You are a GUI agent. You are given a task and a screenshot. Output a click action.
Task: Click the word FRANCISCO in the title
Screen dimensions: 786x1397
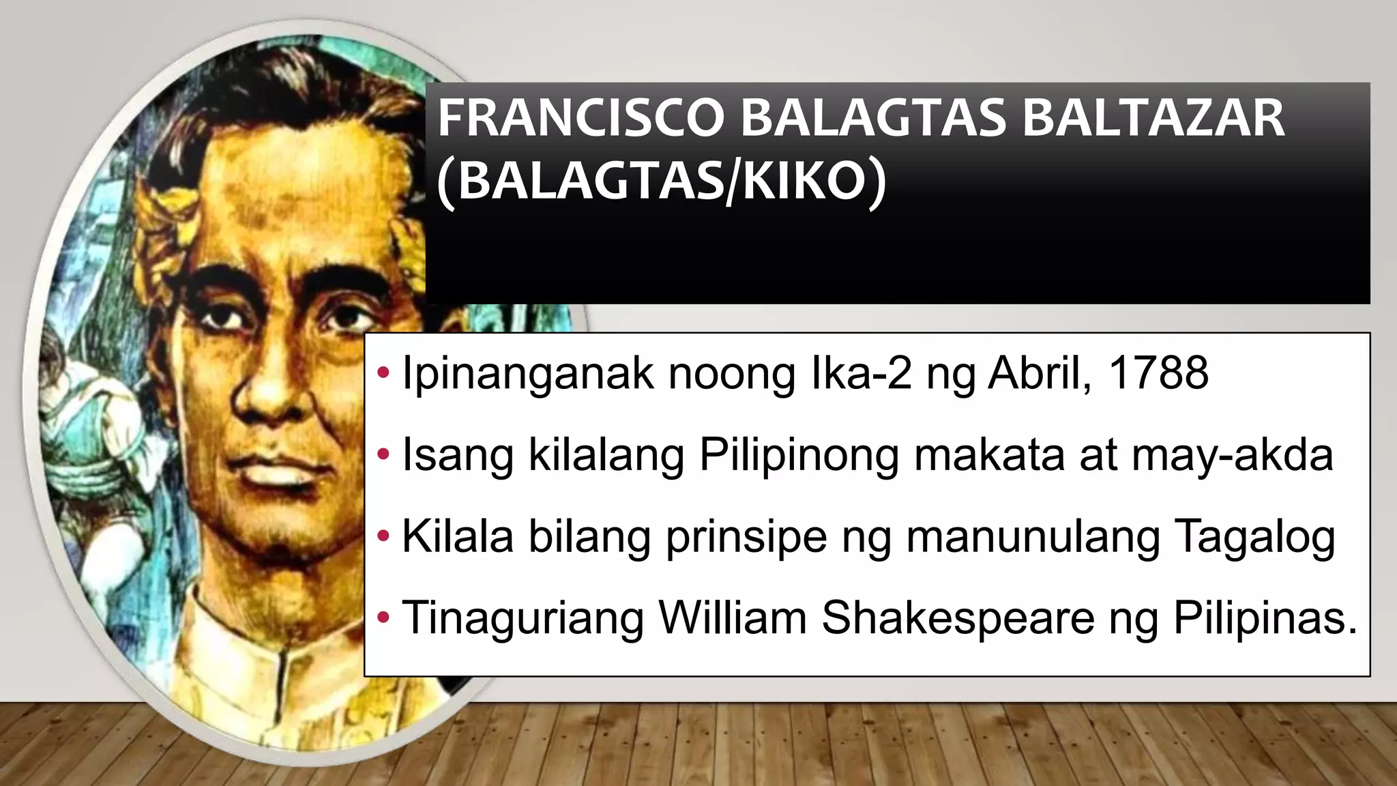(x=580, y=119)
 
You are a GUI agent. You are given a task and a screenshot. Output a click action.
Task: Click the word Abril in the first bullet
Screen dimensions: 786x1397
(x=1040, y=373)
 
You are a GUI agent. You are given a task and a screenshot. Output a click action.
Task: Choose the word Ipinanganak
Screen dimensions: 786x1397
(x=527, y=375)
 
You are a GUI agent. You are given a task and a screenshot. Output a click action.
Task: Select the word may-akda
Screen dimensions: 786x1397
(x=1232, y=455)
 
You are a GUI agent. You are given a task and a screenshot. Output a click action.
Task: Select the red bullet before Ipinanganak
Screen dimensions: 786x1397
(x=383, y=373)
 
